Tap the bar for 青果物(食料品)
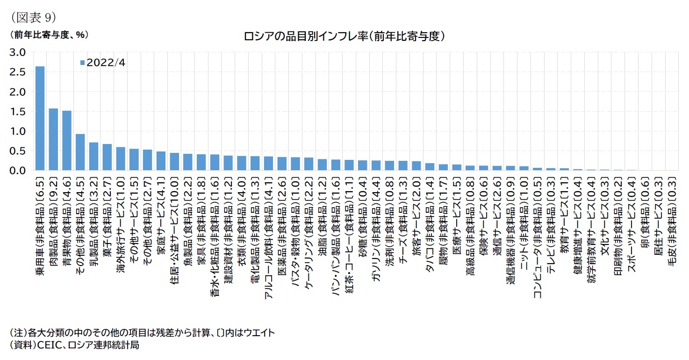click(x=67, y=141)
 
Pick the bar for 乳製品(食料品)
click(x=94, y=157)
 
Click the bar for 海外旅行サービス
click(x=121, y=159)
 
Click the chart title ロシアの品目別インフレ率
click(x=344, y=36)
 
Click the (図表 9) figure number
click(x=32, y=17)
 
